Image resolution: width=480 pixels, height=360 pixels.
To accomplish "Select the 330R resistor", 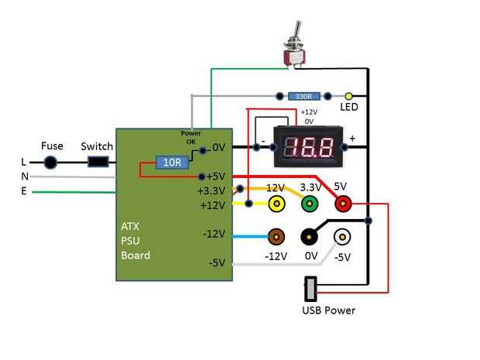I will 304,97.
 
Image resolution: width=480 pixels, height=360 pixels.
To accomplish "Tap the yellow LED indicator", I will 348,96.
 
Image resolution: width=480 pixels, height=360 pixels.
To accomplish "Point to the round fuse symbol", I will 51,163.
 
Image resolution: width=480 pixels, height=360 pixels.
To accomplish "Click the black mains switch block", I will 98,163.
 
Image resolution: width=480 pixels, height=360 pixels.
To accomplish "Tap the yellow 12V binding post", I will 275,204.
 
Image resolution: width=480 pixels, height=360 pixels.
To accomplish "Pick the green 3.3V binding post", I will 310,204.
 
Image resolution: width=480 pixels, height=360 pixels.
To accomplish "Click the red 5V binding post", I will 341,204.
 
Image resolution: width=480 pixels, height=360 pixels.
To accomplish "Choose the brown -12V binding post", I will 275,237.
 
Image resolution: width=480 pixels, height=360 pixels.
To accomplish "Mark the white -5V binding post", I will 341,237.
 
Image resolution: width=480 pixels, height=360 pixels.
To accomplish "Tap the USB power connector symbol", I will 310,290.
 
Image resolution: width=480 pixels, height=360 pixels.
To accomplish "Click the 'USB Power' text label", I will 328,310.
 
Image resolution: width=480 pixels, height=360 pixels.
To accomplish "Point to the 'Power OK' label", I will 190,138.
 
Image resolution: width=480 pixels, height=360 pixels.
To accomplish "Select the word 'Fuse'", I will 52,146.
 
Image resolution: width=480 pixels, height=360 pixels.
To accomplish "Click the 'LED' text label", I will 349,108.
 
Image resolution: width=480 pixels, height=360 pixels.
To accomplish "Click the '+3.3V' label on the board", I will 211,190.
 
